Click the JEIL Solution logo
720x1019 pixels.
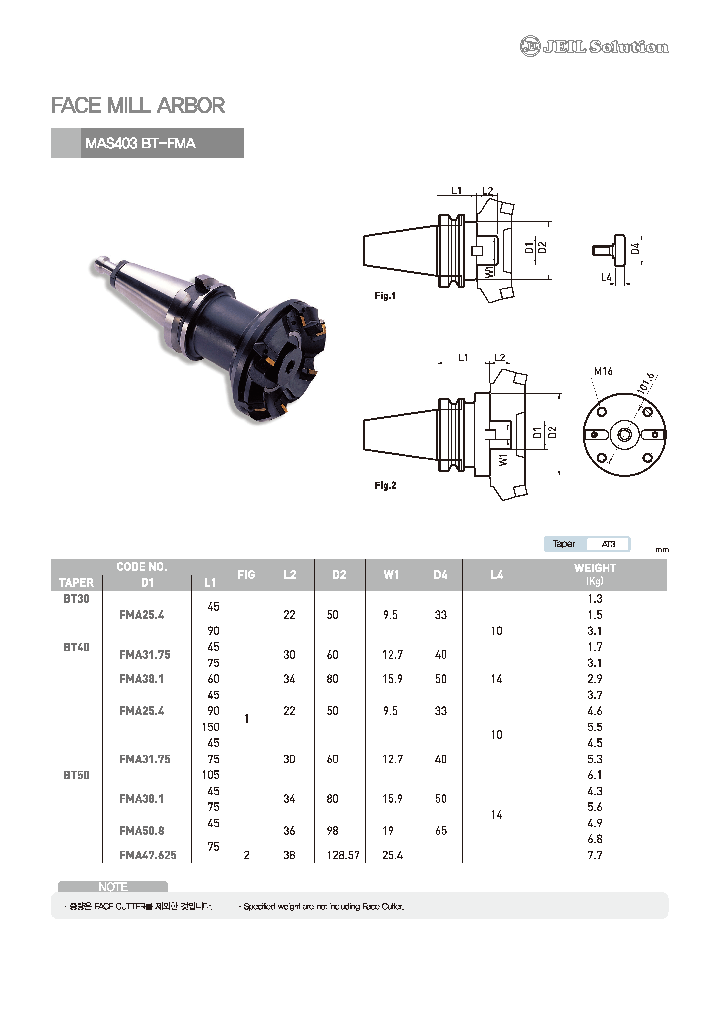(594, 46)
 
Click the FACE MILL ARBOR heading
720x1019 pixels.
(138, 106)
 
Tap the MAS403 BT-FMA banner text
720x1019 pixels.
(140, 143)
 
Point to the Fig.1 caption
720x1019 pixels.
(385, 295)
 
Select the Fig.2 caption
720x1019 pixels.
(385, 485)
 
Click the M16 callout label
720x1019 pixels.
(603, 371)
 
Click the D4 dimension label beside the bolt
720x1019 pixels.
(635, 249)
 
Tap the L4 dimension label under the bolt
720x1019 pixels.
(606, 277)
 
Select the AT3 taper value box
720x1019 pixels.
(608, 544)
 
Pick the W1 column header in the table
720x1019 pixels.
(391, 575)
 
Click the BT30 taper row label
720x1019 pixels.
(76, 599)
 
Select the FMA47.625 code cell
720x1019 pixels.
(148, 855)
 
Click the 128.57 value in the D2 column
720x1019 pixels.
(343, 855)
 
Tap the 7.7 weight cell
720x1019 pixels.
(595, 855)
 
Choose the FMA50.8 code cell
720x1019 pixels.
(141, 831)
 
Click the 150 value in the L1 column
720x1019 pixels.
(211, 727)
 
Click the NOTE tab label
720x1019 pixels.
(112, 887)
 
